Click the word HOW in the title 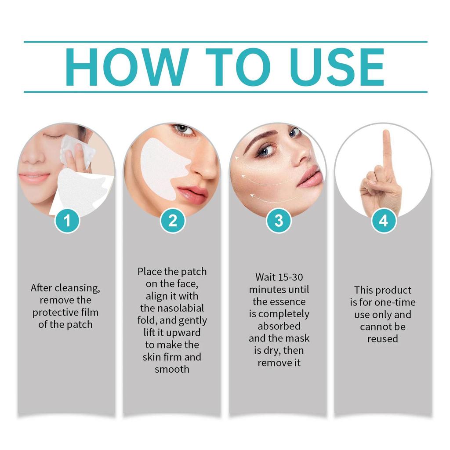tap(127, 67)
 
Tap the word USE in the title tap(336, 67)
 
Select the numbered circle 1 tap(67, 221)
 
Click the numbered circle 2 tap(172, 221)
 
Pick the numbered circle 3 tap(278, 221)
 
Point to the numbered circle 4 tap(384, 221)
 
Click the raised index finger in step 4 tap(386, 149)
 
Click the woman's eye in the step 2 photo tap(183, 129)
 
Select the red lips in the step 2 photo tap(193, 193)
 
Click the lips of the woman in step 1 tap(34, 178)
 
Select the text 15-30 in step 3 tap(291, 277)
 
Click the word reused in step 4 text tap(383, 339)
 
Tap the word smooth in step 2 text tap(172, 369)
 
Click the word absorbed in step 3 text tap(279, 327)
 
